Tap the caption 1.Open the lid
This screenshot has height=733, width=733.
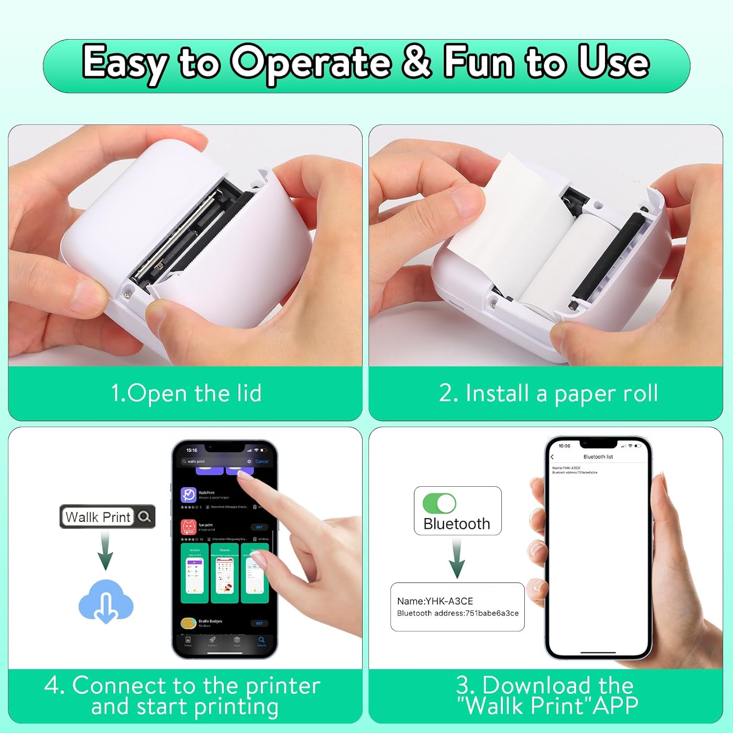186,393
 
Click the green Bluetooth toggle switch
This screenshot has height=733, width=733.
439,503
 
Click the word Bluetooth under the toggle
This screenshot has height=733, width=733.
456,524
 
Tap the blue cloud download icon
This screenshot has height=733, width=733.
106,602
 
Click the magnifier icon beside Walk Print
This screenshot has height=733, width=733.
145,517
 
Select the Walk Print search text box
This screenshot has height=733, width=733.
98,517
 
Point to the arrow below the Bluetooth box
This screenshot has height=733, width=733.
457,560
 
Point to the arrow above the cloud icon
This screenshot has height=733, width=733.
105,551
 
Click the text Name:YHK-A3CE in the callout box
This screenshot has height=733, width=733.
434,601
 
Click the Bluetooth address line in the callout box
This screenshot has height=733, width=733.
457,613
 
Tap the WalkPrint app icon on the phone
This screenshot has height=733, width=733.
189,495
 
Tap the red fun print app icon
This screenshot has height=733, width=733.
189,527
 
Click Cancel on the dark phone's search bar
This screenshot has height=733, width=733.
262,461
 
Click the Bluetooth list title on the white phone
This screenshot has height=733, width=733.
598,457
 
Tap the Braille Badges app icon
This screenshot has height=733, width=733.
189,623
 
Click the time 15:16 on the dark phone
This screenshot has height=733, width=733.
192,450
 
